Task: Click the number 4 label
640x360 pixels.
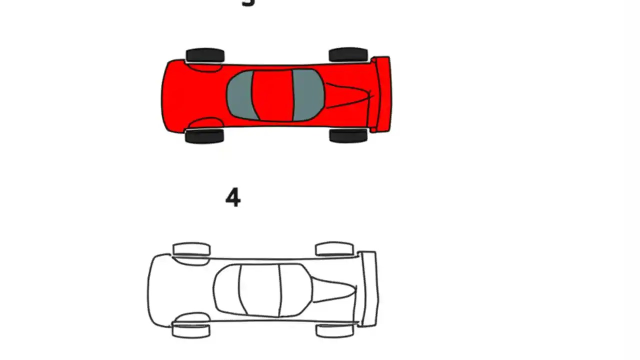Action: (233, 198)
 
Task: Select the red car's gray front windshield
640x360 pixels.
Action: (240, 95)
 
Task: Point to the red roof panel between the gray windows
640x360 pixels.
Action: (272, 95)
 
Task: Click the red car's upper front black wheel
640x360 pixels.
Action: (205, 55)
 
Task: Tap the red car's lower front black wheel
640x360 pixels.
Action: (204, 136)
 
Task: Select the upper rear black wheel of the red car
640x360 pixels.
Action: (348, 54)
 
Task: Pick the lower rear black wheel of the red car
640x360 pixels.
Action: (348, 135)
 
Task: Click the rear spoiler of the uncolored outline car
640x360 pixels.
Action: (368, 289)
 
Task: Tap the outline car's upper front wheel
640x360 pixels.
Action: (191, 249)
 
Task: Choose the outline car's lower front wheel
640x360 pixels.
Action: (191, 330)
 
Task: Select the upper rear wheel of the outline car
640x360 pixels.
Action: (334, 248)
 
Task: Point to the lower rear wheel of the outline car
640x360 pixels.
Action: (335, 330)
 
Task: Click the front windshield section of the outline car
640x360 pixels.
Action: (227, 290)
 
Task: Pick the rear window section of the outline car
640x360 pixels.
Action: (295, 290)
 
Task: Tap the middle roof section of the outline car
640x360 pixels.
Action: (260, 290)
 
